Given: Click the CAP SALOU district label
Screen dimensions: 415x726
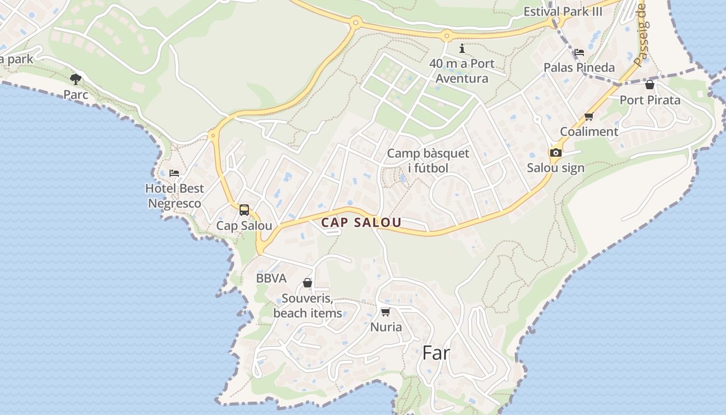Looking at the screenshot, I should click(x=361, y=223).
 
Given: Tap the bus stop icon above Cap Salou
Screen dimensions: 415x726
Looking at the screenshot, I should click(x=244, y=210).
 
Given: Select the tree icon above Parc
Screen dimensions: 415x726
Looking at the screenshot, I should click(x=76, y=79).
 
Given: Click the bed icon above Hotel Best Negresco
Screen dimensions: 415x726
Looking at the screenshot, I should click(x=174, y=173).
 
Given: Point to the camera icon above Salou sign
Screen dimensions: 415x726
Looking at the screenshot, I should click(x=555, y=153).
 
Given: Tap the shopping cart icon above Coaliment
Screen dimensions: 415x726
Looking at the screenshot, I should click(x=589, y=117).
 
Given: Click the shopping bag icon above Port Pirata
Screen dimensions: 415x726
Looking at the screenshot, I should click(x=650, y=85).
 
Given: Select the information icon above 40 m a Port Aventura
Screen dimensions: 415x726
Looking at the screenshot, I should click(x=462, y=49).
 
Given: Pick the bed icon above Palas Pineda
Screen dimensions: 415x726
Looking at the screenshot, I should click(x=579, y=52).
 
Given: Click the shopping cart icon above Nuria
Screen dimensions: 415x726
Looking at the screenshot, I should click(x=385, y=312).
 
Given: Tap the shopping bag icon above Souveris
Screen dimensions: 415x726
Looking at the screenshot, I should click(x=308, y=283).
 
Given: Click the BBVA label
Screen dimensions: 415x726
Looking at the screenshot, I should click(x=271, y=279).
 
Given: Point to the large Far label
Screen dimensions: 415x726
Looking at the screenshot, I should click(x=436, y=353).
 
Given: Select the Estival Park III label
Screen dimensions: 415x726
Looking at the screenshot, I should click(x=563, y=11).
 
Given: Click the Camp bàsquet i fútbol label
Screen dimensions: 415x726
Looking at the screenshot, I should click(x=428, y=160).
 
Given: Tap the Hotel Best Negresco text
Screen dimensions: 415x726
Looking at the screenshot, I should click(x=174, y=196).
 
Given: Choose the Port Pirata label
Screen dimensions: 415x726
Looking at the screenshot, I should click(x=650, y=100).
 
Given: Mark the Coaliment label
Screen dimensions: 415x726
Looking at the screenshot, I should click(x=589, y=132).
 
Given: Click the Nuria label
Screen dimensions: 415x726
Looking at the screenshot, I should click(x=386, y=327).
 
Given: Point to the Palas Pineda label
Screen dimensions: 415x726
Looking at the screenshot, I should click(x=579, y=67).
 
